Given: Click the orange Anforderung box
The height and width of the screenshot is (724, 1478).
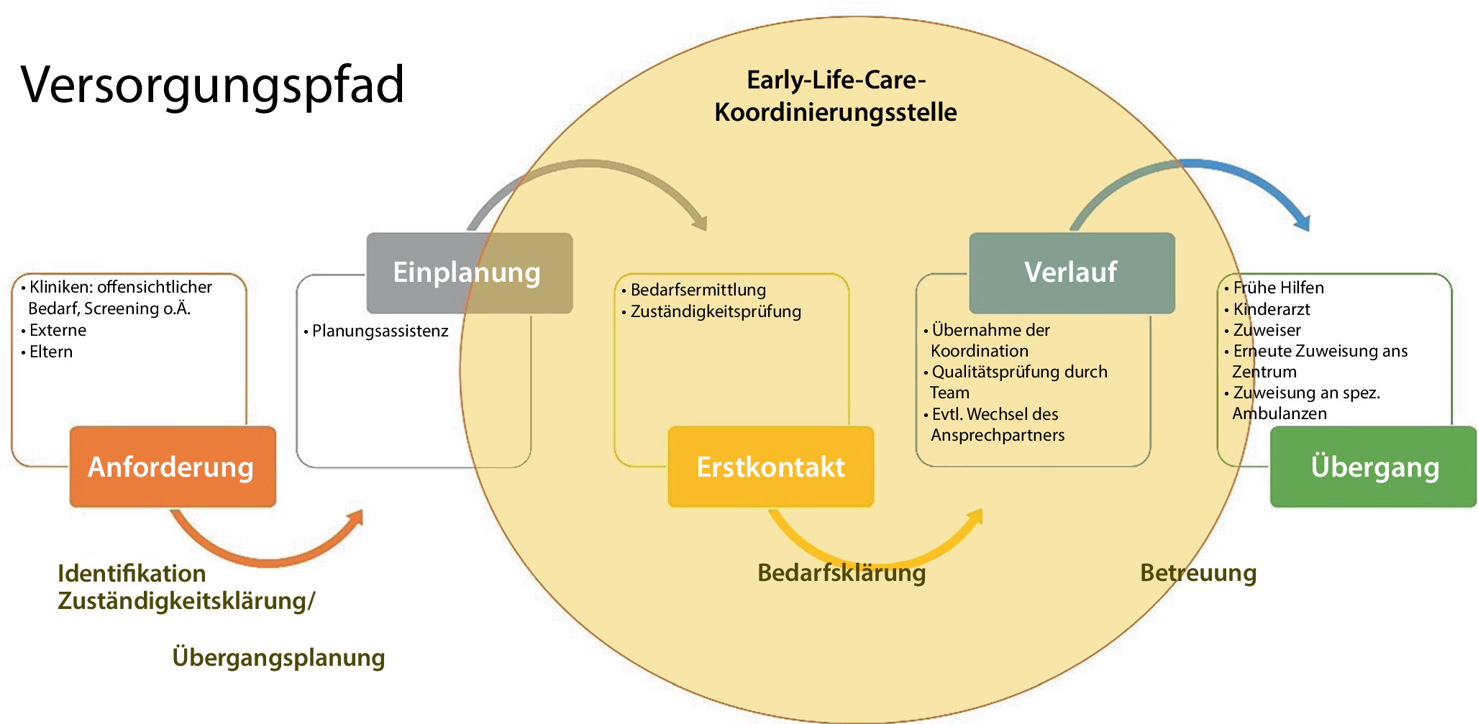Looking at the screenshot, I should tap(173, 467).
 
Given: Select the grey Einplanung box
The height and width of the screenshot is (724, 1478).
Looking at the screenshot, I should tap(469, 272).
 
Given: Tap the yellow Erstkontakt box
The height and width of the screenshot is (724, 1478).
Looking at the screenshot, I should tap(770, 467).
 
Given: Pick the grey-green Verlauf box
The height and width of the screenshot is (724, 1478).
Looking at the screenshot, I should tap(1071, 272).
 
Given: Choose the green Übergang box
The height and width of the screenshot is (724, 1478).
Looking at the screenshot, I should tap(1373, 467).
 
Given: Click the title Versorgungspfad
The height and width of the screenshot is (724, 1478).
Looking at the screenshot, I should tap(213, 86).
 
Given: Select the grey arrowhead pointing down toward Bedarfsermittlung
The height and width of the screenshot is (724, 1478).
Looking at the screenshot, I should tap(698, 221).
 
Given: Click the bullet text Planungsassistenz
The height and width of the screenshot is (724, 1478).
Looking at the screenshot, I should tap(380, 331).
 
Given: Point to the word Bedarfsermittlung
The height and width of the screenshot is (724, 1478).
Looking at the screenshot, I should tap(698, 290).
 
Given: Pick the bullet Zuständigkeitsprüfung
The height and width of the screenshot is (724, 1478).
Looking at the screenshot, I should tap(715, 311).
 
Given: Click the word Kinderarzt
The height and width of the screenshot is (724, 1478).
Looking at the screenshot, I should tap(1271, 309).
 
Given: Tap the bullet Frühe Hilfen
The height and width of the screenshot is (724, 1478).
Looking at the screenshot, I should tap(1277, 288).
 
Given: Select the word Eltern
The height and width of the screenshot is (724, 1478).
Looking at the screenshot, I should tap(51, 352).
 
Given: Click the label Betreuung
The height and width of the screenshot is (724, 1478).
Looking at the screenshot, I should tap(1198, 573).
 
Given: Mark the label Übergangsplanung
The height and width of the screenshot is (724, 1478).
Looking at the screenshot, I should tap(278, 658).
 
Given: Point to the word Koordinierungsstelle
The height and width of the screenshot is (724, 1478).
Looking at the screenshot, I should tap(835, 112).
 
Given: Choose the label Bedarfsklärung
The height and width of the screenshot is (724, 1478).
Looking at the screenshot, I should tap(841, 573).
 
